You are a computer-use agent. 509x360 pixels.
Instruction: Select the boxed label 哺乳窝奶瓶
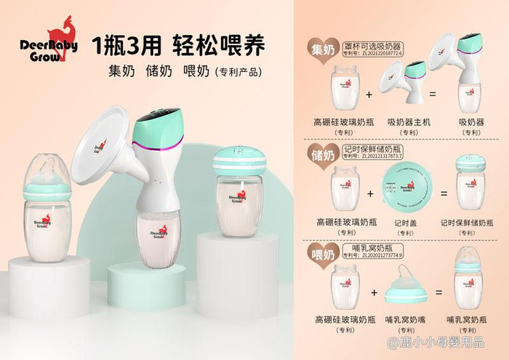coord(372,248)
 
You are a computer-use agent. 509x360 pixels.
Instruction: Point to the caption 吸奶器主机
coord(409,122)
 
